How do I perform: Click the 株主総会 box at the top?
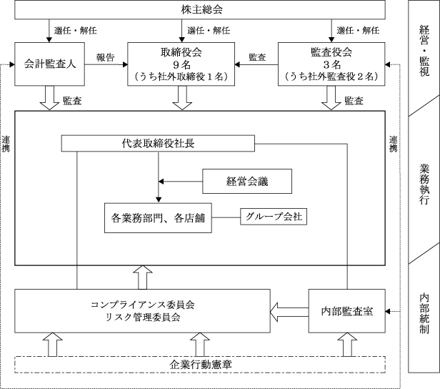200,10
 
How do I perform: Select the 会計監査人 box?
50,64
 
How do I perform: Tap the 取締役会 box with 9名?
181,64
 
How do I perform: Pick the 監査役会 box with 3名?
331,64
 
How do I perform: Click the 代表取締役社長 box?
158,144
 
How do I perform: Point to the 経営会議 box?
247,181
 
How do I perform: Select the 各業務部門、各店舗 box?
158,218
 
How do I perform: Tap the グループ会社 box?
274,217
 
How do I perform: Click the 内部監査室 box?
347,311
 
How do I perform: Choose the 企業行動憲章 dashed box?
200,365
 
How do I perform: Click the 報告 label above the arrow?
106,58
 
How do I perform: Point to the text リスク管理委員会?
143,317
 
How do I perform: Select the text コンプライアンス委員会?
143,305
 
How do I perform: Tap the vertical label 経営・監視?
424,51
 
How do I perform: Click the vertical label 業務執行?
424,184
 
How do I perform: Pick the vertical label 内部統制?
424,314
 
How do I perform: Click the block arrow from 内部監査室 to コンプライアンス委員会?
289,312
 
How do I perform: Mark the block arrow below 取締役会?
182,98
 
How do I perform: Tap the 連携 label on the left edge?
6,144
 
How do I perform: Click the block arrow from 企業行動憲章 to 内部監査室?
347,345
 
